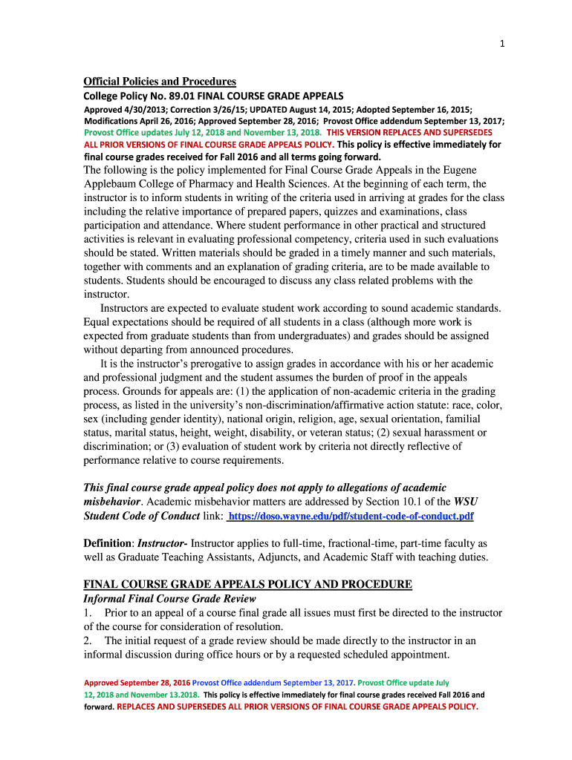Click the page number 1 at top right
pyautogui.click(x=502, y=44)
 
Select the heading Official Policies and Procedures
pyautogui.click(x=160, y=82)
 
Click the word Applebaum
pyautogui.click(x=114, y=183)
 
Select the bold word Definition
pyautogui.click(x=107, y=543)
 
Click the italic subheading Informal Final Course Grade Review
pyautogui.click(x=169, y=599)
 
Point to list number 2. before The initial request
pyautogui.click(x=88, y=641)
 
